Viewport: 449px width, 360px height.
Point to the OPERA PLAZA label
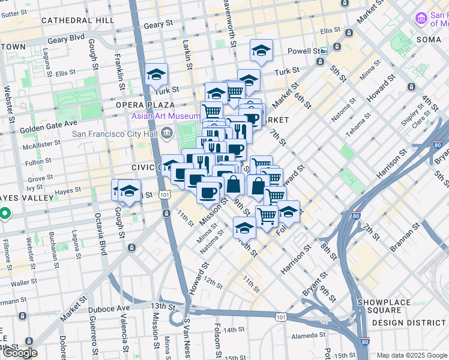[149, 105]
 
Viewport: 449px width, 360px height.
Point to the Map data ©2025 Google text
[411, 355]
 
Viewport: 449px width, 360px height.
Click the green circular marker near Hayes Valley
[4, 213]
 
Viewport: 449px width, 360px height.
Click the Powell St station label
[303, 50]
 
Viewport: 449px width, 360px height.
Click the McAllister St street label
[41, 146]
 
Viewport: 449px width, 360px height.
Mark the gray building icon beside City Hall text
[166, 133]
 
